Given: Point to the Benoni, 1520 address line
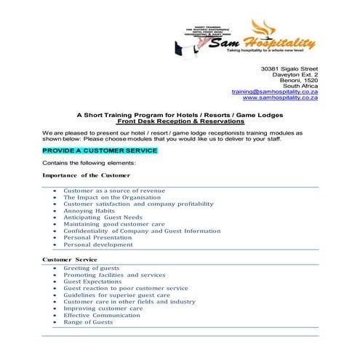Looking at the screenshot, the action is pyautogui.click(x=297, y=80).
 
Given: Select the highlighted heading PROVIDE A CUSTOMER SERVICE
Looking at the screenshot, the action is pyautogui.click(x=100, y=151).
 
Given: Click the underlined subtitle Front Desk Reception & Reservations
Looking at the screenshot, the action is pyautogui.click(x=180, y=121).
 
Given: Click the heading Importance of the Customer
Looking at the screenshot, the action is pyautogui.click(x=87, y=175).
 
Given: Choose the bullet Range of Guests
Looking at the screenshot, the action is pyautogui.click(x=88, y=322).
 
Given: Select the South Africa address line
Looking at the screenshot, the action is pyautogui.click(x=300, y=86).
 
